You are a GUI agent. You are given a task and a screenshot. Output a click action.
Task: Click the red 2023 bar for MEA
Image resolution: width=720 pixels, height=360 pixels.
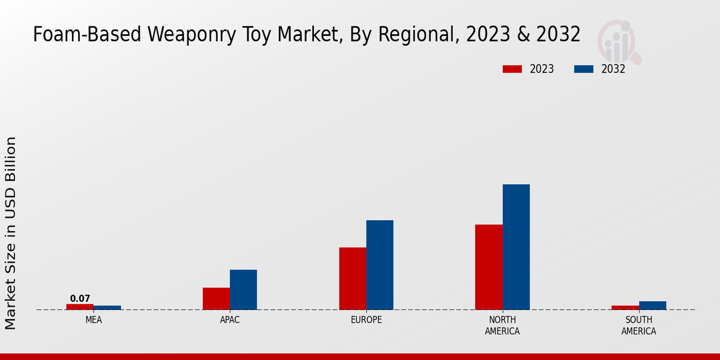click(80, 307)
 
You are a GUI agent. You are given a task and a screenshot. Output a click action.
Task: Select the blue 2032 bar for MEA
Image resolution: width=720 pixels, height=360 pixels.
click(107, 308)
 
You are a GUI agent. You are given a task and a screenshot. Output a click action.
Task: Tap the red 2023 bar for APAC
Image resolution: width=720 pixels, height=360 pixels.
click(216, 299)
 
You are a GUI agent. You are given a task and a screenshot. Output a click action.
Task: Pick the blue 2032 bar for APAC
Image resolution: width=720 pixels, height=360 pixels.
click(243, 290)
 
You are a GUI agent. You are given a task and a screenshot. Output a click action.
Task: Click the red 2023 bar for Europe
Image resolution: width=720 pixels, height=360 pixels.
click(352, 278)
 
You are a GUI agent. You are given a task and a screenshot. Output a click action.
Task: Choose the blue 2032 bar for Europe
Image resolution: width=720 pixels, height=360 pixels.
click(380, 265)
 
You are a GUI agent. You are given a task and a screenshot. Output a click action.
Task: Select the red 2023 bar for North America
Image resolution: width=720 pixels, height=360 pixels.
click(488, 267)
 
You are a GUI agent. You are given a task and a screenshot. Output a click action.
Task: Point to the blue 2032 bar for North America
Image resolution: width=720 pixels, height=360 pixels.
click(516, 247)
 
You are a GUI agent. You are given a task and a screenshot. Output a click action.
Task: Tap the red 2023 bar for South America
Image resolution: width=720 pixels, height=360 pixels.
click(625, 308)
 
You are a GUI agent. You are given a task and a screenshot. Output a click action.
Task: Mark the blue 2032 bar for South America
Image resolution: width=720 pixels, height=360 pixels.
click(652, 305)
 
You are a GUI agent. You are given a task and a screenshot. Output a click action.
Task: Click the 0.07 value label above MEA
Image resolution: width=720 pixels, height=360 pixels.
click(80, 298)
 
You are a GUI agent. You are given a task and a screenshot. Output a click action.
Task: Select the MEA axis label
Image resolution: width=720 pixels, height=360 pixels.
click(94, 320)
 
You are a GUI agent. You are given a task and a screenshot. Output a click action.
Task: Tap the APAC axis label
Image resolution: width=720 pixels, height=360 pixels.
click(230, 320)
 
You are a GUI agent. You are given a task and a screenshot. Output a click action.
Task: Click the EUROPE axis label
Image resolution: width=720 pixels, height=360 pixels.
click(366, 320)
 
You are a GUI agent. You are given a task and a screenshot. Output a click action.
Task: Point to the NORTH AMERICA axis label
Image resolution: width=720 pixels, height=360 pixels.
click(503, 325)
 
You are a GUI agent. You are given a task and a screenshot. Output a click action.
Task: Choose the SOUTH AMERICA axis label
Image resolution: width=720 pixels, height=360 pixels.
click(638, 325)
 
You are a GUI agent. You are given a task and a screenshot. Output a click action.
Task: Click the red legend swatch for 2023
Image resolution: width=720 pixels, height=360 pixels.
click(512, 69)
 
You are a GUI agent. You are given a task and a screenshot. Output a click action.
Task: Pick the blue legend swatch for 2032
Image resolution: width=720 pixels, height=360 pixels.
click(584, 69)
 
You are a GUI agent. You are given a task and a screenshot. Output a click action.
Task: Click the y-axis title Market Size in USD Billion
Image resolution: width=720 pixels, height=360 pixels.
click(11, 233)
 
